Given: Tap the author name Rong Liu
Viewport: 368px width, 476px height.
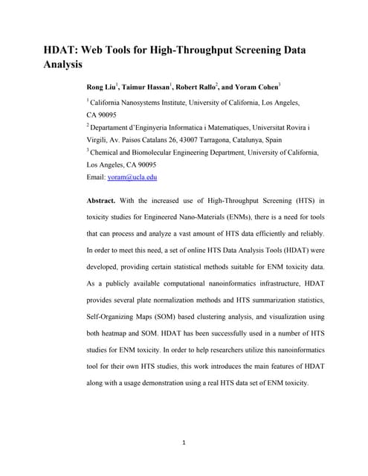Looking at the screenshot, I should click(x=104, y=87).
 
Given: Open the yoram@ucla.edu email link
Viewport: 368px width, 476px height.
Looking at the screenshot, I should click(x=132, y=178).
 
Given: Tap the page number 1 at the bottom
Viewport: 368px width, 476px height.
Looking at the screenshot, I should click(x=184, y=443).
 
